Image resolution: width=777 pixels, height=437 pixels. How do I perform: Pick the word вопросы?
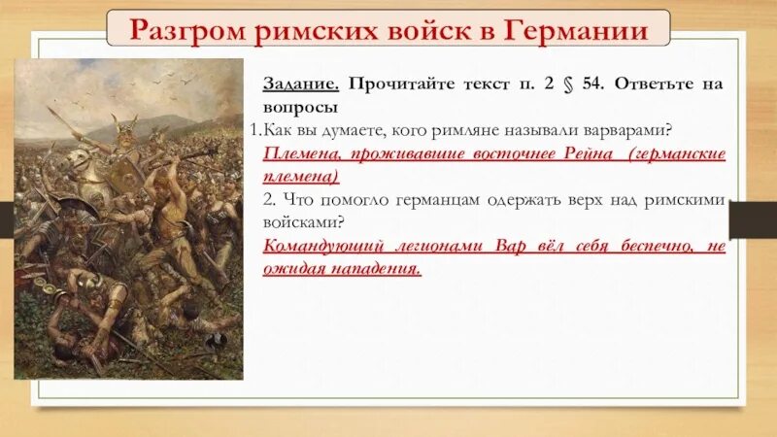click(x=300, y=108)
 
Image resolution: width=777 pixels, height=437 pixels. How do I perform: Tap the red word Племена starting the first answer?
click(x=300, y=153)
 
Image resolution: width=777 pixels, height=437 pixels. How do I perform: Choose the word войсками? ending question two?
click(x=299, y=221)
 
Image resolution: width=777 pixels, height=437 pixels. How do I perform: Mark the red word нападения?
click(x=377, y=268)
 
